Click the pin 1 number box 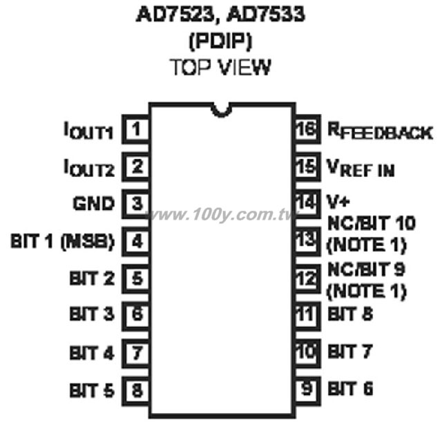point(135,129)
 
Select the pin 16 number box point(308,129)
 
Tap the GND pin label point(94,204)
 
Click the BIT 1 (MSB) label point(63,241)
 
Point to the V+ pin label point(338,201)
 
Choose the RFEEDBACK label point(380,131)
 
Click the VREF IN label point(361,168)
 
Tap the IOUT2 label point(89,168)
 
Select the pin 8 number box point(135,391)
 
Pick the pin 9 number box point(308,391)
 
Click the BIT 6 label point(350,389)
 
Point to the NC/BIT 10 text point(372,224)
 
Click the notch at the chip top point(221,111)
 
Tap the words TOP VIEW point(220,68)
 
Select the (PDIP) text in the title point(220,41)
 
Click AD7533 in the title point(266,14)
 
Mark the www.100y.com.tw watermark point(221,215)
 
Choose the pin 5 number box point(135,279)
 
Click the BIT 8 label point(350,314)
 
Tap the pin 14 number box point(308,204)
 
